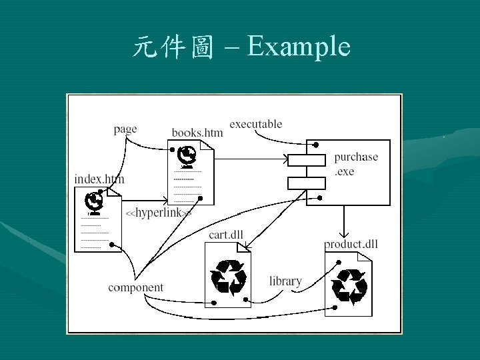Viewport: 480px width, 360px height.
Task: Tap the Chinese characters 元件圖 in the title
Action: pos(173,47)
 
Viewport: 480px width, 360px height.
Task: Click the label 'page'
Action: pos(125,129)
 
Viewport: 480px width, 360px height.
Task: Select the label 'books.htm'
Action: pos(197,133)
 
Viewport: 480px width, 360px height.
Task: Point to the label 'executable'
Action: pos(255,124)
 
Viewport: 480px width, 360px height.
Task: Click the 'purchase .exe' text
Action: pos(356,164)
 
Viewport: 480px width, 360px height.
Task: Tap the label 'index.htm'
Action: pos(99,179)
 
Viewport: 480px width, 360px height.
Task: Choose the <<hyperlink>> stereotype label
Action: pos(159,213)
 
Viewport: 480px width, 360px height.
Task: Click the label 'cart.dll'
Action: pos(226,233)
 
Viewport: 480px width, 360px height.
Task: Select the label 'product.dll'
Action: pos(351,244)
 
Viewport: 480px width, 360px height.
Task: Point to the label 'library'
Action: pos(285,281)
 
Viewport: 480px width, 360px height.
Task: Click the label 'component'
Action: pos(135,287)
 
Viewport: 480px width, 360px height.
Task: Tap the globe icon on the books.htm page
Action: pos(187,155)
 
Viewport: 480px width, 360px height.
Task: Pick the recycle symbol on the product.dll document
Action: pos(350,285)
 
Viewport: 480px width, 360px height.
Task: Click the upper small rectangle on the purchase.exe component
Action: pos(306,159)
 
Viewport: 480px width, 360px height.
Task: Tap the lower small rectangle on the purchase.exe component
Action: pos(306,182)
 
